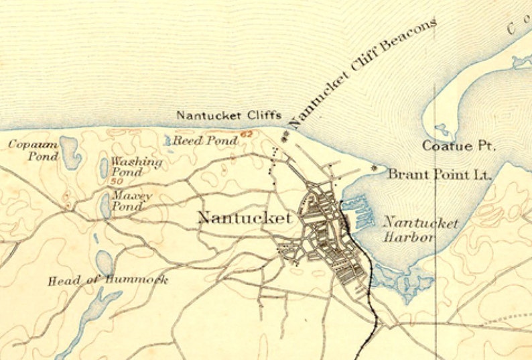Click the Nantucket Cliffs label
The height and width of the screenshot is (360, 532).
click(x=228, y=115)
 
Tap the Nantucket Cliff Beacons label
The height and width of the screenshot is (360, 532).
click(x=362, y=72)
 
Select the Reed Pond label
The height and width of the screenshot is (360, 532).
click(x=205, y=141)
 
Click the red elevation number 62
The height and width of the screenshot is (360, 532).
click(x=247, y=135)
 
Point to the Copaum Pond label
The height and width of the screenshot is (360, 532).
click(x=28, y=150)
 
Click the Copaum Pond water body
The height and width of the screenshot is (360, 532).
click(x=70, y=152)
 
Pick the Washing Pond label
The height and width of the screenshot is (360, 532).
click(x=136, y=167)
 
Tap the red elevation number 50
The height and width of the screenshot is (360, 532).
click(x=118, y=181)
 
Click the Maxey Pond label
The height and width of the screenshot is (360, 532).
click(x=132, y=201)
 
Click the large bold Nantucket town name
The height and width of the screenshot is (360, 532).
click(x=245, y=218)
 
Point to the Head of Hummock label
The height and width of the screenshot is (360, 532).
click(x=107, y=280)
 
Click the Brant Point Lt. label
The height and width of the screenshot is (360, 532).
click(x=440, y=174)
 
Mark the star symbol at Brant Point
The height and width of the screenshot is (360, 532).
click(x=375, y=167)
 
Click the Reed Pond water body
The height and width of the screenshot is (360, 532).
click(x=168, y=140)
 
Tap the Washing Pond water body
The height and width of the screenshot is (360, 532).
click(x=104, y=167)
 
